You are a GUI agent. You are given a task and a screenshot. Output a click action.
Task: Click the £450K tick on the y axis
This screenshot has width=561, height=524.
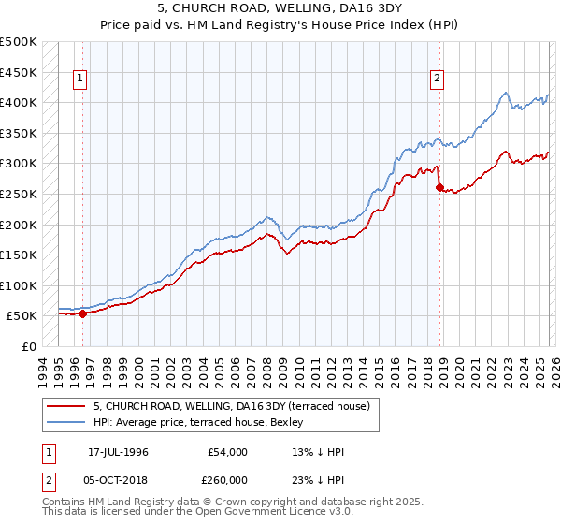18,72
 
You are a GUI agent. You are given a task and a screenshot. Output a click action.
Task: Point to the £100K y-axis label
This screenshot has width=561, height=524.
18,285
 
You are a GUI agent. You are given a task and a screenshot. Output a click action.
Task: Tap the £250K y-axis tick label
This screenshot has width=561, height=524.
18,194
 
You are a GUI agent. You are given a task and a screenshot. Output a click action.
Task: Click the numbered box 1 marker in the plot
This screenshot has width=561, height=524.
81,80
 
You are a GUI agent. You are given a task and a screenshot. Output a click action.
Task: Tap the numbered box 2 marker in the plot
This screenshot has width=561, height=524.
437,80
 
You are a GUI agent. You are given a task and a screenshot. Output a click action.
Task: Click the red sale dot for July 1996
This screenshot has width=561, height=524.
82,314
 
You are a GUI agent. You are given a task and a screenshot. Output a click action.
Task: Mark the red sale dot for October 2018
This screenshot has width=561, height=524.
440,188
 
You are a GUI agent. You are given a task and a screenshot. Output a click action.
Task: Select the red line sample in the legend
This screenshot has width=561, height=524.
65,406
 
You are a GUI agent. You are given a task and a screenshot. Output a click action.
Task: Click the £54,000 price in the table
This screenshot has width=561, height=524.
227,452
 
